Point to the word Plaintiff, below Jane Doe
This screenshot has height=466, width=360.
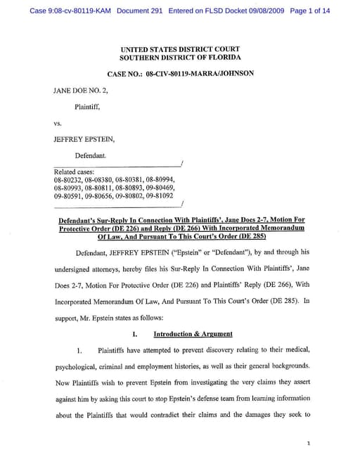91,107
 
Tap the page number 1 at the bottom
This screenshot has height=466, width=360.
309,444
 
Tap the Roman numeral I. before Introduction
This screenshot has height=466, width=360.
134,333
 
